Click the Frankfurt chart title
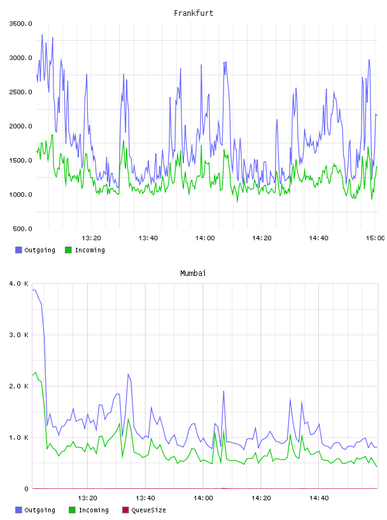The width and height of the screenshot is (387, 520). (x=193, y=13)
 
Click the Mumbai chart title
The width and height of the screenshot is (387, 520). (x=193, y=273)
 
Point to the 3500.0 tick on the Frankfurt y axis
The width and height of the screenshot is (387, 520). (x=20, y=24)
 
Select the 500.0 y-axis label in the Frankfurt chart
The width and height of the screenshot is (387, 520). (x=22, y=229)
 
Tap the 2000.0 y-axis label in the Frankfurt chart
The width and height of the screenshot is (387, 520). (x=20, y=126)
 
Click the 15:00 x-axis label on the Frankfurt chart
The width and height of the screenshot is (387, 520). (x=375, y=238)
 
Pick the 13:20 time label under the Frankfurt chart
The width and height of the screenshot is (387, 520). (x=91, y=238)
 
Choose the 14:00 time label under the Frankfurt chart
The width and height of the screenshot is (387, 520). (x=205, y=238)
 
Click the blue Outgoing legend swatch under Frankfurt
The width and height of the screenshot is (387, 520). (x=18, y=250)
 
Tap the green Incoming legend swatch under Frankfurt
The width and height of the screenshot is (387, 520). (x=68, y=250)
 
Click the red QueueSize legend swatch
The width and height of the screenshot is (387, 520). (x=125, y=510)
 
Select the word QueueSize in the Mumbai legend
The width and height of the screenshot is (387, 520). (x=148, y=510)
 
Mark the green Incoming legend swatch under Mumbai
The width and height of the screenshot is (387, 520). (x=72, y=510)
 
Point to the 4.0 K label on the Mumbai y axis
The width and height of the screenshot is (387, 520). (x=19, y=284)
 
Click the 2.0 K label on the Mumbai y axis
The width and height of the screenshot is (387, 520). (x=19, y=386)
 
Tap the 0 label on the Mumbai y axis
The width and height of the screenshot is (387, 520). (x=27, y=489)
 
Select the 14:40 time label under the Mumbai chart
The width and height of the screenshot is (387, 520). (x=319, y=498)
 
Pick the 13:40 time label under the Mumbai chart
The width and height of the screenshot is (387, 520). (x=145, y=498)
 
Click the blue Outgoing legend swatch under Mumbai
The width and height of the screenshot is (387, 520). (x=18, y=510)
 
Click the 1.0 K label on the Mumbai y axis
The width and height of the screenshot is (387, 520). (x=19, y=438)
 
